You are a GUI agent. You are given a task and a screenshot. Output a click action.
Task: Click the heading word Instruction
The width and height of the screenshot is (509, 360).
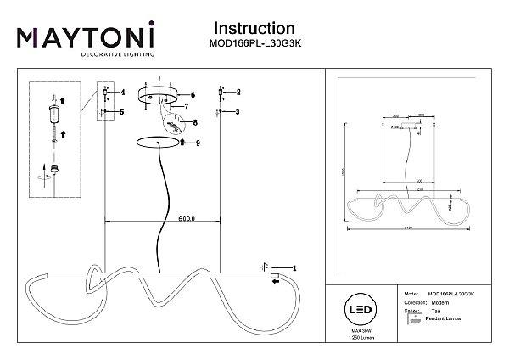tap(255, 31)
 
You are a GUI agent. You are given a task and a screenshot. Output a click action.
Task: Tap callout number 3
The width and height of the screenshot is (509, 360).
tap(238, 111)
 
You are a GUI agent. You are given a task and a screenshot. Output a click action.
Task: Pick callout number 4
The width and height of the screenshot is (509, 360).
tap(122, 92)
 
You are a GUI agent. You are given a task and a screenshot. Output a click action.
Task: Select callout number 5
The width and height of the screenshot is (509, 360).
tap(122, 111)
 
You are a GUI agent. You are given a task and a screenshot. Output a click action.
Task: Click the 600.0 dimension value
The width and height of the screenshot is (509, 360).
tap(187, 218)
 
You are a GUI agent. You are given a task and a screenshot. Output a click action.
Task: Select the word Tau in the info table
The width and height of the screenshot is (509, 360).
tap(434, 312)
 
